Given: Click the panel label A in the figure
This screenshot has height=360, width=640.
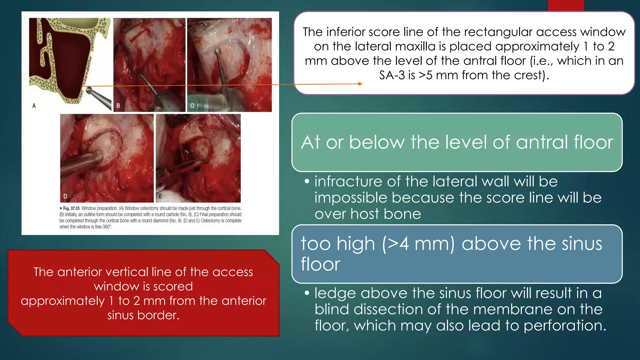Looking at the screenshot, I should click(34, 106).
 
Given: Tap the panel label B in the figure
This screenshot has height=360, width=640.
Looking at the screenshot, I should click(118, 106).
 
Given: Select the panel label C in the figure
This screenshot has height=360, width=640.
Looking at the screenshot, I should click(192, 106).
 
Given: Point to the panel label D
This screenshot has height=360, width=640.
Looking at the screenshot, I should click(65, 196).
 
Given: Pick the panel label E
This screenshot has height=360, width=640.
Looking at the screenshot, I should click(160, 196).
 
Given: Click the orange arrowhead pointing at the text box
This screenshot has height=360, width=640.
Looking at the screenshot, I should click(360, 84).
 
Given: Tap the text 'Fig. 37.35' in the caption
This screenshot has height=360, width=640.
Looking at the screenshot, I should click(71, 208).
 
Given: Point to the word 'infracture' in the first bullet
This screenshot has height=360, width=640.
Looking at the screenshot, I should click(348, 182).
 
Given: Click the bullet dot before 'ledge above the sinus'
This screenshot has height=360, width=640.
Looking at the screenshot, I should click(307, 293).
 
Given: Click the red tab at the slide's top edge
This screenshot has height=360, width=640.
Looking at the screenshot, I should click(566, 5).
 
